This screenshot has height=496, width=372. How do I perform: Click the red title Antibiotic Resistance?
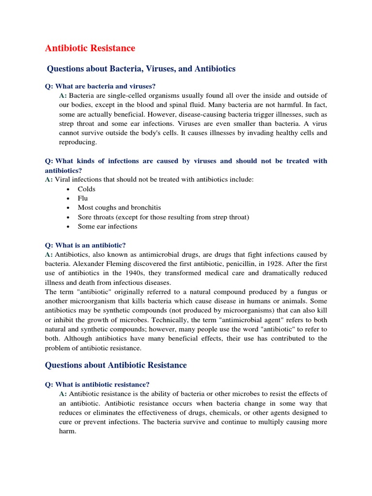coord(90,48)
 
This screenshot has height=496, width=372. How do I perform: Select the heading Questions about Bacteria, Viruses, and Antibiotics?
coord(141,69)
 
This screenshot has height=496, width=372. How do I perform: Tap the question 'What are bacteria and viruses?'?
coord(100,86)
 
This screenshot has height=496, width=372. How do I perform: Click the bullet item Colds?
coord(87,189)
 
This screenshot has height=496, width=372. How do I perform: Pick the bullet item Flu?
coord(83,198)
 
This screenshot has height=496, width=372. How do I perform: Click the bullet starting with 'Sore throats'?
coord(163,217)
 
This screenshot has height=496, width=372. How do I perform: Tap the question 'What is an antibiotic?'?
coord(85,245)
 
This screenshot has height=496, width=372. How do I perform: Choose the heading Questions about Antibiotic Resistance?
coord(116,365)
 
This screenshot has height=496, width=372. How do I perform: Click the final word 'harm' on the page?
coord(67,431)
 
